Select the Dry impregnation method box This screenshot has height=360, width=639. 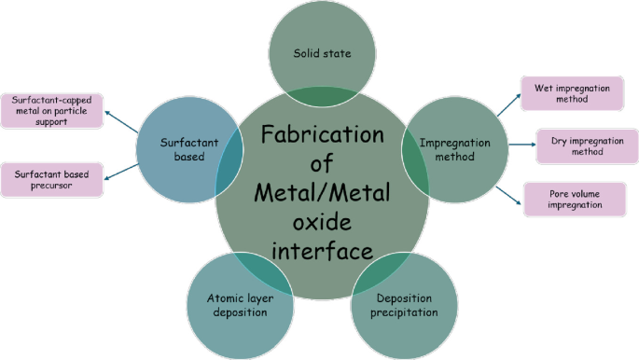point(587,145)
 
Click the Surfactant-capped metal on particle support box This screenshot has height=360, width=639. point(52,110)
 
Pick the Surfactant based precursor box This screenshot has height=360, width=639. point(52,178)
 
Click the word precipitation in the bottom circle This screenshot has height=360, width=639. point(407,312)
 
